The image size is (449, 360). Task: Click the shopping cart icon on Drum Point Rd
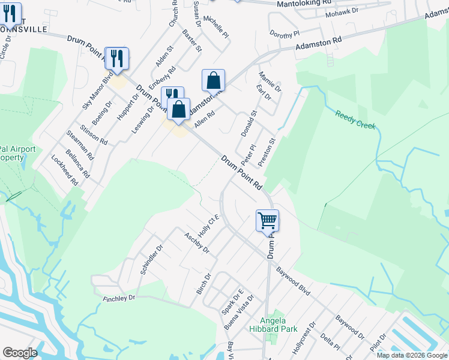267,220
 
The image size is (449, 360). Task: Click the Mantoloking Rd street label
305,4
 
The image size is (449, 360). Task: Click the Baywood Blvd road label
294,281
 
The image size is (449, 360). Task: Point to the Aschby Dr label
196,243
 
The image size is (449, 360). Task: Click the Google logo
20,353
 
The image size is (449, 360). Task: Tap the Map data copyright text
412,355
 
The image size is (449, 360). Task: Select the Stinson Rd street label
96,134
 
